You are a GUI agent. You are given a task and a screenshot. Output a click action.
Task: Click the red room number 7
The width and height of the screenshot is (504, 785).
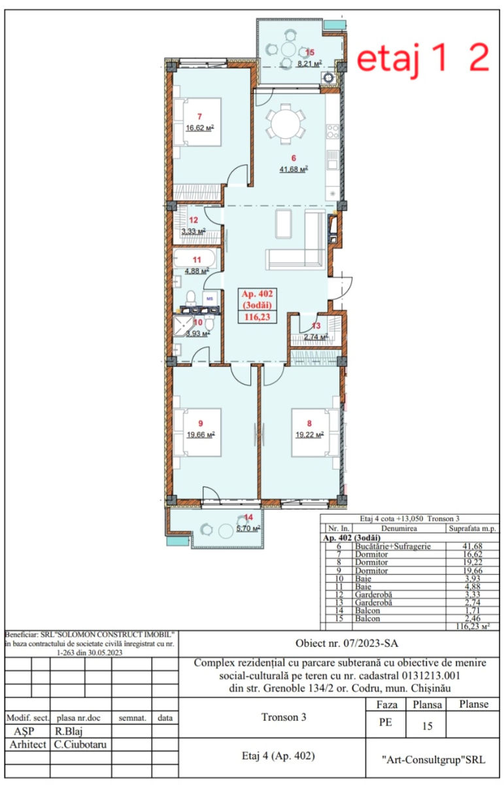[199, 116]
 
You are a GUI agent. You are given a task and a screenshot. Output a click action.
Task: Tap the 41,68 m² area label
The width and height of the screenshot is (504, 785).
[294, 169]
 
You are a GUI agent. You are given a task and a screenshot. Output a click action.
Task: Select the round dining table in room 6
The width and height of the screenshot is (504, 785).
[285, 126]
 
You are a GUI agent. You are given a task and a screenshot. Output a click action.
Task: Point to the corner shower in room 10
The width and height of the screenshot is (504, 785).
[183, 326]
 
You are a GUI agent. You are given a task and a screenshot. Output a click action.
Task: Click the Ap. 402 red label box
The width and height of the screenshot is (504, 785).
[257, 305]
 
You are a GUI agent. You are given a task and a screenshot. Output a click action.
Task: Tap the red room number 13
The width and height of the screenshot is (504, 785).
[316, 326]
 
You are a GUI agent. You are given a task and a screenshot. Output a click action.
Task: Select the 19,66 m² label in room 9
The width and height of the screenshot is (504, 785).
[201, 435]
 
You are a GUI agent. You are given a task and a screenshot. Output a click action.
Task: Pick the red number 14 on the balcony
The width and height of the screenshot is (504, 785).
[248, 517]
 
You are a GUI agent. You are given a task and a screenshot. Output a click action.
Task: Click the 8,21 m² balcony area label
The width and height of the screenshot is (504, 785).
[310, 63]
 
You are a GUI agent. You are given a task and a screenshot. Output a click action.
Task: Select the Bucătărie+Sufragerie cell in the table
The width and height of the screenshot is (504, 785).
[393, 546]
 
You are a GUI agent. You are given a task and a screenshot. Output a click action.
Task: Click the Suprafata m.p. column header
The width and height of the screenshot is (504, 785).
[473, 529]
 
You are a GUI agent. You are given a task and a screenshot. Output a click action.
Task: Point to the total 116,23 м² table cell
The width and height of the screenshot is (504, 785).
[473, 626]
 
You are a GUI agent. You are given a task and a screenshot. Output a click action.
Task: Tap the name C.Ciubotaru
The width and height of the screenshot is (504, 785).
[80, 744]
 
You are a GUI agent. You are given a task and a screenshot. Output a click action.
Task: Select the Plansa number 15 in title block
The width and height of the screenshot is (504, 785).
[427, 725]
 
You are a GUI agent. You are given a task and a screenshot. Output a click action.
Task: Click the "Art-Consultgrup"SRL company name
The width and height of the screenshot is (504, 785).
[433, 759]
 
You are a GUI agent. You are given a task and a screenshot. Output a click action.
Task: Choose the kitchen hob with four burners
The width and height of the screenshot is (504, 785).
[332, 131]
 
